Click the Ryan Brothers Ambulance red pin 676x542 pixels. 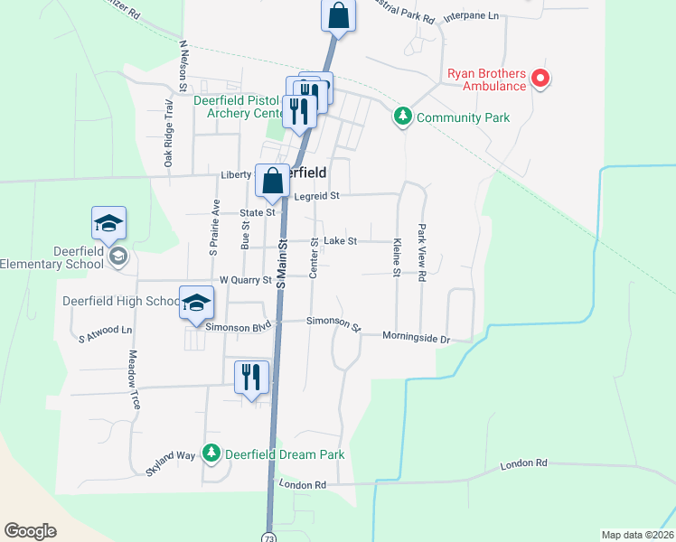click(x=541, y=79)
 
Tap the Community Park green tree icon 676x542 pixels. click(x=402, y=117)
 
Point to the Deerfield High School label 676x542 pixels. click(x=120, y=301)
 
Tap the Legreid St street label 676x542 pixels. click(x=315, y=195)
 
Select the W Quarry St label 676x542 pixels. click(x=245, y=280)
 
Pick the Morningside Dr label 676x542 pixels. click(x=415, y=338)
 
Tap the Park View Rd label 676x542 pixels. click(x=421, y=255)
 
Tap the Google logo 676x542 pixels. click(x=30, y=531)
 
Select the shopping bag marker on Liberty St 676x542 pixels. click(x=272, y=182)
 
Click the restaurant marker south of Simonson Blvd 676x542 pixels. click(x=251, y=377)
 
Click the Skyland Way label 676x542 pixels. click(x=171, y=463)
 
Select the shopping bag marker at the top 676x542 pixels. click(x=338, y=15)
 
